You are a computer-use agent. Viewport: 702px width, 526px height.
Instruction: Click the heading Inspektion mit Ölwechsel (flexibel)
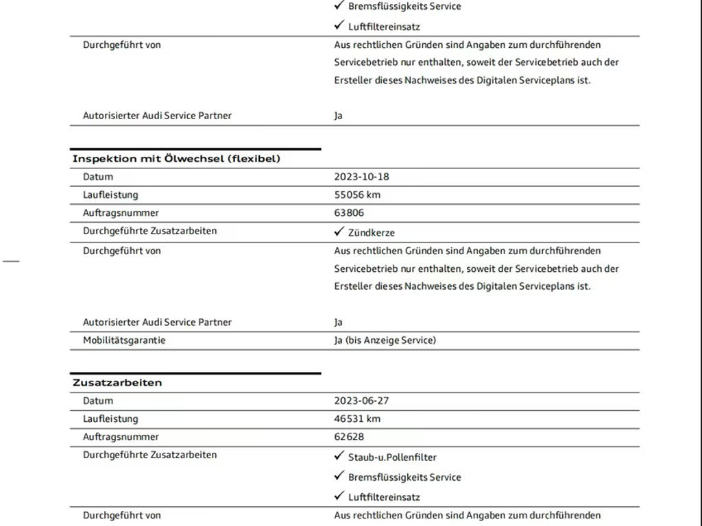pos(176,159)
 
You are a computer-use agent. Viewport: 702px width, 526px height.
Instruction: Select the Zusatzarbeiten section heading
pos(117,383)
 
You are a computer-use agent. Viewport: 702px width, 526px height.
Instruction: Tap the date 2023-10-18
pos(361,177)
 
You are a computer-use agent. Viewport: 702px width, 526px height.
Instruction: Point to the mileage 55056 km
pos(357,195)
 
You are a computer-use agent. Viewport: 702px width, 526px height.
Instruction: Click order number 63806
pos(349,213)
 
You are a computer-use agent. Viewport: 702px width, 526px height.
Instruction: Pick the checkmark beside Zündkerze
pos(339,231)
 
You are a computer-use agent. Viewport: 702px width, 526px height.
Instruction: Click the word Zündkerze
pos(372,233)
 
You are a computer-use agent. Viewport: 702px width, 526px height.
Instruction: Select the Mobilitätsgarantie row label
pos(124,340)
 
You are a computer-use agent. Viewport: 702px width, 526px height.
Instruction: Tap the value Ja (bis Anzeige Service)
pos(385,340)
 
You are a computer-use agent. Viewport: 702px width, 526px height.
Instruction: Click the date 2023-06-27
pos(361,401)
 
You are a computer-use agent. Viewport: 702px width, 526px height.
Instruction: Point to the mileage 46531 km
pos(357,418)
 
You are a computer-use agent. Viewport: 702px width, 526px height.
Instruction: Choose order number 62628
pos(349,437)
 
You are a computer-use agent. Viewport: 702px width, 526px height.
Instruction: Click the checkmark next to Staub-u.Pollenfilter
pos(339,456)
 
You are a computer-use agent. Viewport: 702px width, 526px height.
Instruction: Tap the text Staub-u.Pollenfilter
pos(392,458)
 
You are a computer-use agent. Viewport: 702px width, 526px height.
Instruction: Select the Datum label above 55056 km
pos(98,177)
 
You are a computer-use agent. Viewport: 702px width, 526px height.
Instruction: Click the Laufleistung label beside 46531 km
pos(110,418)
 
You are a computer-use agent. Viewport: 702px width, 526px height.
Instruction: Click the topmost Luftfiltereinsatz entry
pos(384,27)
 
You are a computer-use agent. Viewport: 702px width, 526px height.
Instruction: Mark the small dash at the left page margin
pos(11,261)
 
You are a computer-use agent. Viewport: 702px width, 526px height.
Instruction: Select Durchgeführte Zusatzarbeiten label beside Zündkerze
pos(149,231)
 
